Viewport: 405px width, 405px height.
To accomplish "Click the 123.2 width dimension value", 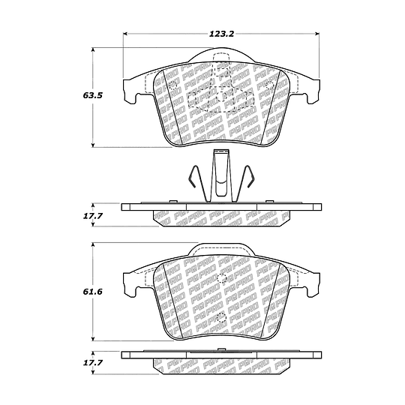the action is pos(221,34).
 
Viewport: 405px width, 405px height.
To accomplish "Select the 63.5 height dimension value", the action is pos(93,95).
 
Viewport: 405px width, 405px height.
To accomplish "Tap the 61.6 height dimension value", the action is pos(93,292).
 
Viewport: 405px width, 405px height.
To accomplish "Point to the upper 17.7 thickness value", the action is pos(93,216).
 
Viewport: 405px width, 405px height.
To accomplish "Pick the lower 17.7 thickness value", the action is pos(93,363).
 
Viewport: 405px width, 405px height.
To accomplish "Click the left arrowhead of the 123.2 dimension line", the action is pos(125,34).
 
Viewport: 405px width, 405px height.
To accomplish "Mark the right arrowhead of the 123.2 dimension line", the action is pos(317,34).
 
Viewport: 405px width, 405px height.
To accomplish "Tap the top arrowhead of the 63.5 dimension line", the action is pos(93,50).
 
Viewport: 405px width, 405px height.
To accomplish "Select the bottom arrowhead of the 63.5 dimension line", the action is pos(93,145).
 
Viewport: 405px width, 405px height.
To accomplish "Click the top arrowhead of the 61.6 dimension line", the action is pos(93,245).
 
